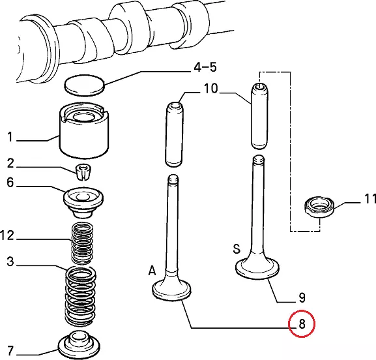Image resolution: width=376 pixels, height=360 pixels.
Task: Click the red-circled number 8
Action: tap(302, 323)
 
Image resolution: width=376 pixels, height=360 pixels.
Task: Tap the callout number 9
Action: tap(302, 298)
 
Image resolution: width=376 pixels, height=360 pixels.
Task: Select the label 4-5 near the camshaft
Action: tap(205, 67)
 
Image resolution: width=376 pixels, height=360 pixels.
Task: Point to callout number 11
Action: tap(369, 199)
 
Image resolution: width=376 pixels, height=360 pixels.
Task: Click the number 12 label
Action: tap(7, 235)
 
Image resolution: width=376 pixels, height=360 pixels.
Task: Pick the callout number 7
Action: tap(10, 351)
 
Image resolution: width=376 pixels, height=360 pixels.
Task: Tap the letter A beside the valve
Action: tap(152, 271)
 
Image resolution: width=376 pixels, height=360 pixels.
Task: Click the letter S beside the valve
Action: tap(237, 248)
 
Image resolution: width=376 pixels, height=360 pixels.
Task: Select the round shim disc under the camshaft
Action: tap(85, 85)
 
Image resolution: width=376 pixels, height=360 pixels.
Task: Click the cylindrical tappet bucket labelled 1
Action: tap(84, 130)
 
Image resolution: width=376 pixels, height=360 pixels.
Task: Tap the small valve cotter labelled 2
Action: tap(83, 172)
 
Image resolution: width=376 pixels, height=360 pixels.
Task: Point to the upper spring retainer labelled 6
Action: tap(83, 203)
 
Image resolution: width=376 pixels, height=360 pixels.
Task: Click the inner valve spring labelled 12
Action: tap(83, 243)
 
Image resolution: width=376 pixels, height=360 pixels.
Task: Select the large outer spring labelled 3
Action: tap(81, 296)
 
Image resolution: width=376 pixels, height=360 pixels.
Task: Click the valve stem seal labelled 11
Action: tap(319, 207)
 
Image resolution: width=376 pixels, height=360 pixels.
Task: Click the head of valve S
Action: tap(257, 269)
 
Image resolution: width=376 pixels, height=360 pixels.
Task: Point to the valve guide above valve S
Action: tap(259, 115)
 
